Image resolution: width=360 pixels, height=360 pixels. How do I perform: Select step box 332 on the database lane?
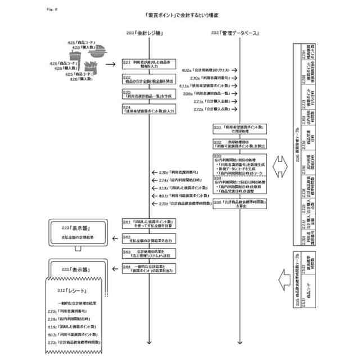click(x=241, y=143)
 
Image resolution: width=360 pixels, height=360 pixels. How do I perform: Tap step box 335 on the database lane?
click(x=241, y=202)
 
